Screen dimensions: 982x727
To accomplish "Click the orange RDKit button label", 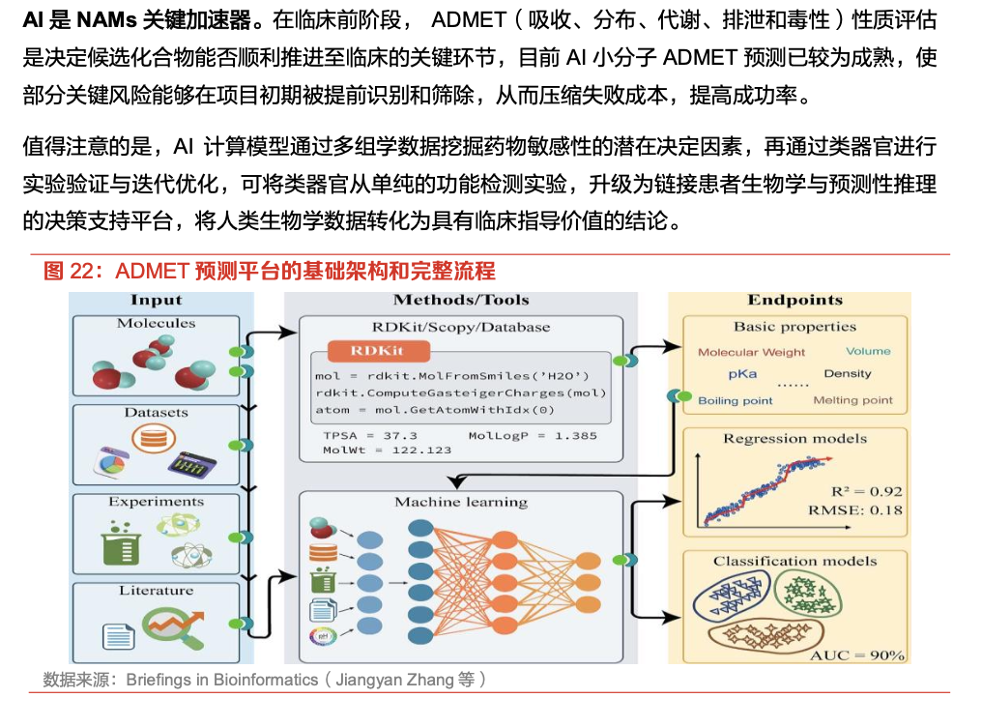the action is pos(378,351).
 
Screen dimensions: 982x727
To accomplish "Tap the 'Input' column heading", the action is pos(156,300).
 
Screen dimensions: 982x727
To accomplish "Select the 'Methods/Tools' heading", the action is pos(461,300).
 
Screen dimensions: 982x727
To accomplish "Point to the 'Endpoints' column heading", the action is pos(794,300).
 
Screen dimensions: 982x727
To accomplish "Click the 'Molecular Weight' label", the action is pos(752,352).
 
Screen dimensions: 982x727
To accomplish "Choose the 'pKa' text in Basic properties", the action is pos(742,374).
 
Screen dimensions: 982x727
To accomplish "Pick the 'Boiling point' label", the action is pos(736,401).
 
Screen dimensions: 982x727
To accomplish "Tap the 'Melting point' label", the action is pos(853,400).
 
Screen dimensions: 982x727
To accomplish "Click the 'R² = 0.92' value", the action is pos(867,491).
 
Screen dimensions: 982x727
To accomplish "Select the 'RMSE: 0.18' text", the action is pos(854,510).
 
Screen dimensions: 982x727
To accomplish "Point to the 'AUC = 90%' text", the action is pos(856,655).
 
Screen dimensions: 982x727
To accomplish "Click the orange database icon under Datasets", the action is pos(154,438).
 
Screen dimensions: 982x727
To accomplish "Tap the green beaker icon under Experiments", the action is pos(121,543).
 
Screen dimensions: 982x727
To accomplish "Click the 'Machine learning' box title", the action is pos(461,502).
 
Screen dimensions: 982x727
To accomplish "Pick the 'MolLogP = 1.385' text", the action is pos(533,436).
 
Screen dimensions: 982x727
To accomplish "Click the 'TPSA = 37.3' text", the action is pos(370,436).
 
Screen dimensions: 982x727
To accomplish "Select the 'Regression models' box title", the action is pos(794,438).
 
